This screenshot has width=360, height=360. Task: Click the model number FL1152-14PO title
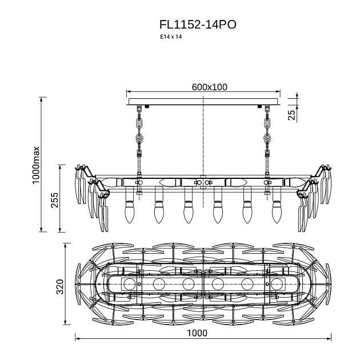pyautogui.click(x=198, y=25)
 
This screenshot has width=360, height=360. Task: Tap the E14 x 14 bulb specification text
pyautogui.click(x=171, y=37)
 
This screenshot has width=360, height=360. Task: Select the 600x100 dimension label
pyautogui.click(x=209, y=87)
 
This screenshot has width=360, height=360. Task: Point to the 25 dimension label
pyautogui.click(x=291, y=115)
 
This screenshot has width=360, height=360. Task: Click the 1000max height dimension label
pyautogui.click(x=36, y=165)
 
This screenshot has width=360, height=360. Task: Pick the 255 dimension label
pyautogui.click(x=55, y=200)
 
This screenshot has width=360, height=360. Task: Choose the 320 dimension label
pyautogui.click(x=60, y=287)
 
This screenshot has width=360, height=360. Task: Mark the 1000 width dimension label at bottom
pyautogui.click(x=197, y=333)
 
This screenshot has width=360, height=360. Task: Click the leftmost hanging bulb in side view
pyautogui.click(x=130, y=212)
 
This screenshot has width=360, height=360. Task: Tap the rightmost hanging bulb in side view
pyautogui.click(x=277, y=212)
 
